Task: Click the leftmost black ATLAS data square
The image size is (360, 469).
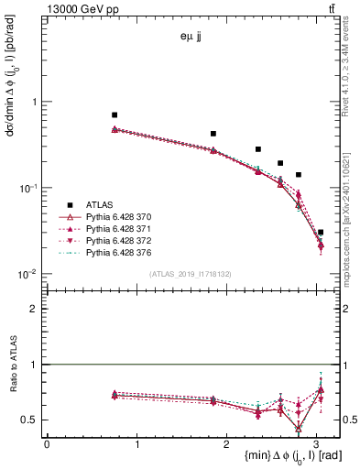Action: point(115,115)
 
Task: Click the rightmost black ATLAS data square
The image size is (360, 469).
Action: point(321,233)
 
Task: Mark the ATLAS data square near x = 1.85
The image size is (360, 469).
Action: point(213,134)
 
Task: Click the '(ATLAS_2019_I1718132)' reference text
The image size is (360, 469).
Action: point(190,274)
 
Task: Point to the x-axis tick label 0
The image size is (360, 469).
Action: point(47,444)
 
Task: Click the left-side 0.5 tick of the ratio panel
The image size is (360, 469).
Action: point(34,420)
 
